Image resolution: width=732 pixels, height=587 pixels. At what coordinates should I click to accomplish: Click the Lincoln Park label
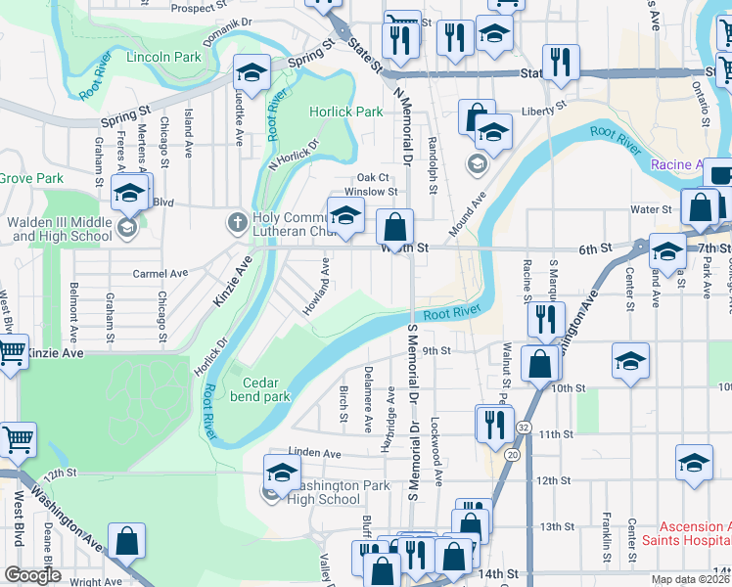(x=163, y=57)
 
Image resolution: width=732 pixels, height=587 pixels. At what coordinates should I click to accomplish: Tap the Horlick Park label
(x=346, y=112)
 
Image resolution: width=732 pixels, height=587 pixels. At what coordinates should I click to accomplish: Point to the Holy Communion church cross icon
(x=236, y=221)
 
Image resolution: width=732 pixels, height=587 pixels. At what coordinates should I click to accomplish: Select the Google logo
(x=32, y=575)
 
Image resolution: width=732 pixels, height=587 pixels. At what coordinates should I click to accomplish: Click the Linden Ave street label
(x=313, y=454)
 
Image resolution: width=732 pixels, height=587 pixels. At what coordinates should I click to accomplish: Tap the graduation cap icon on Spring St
(x=252, y=72)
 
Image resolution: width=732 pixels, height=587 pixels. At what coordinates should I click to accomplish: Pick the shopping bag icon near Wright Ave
(x=127, y=541)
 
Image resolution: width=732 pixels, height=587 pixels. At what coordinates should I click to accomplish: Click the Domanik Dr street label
(x=227, y=20)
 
